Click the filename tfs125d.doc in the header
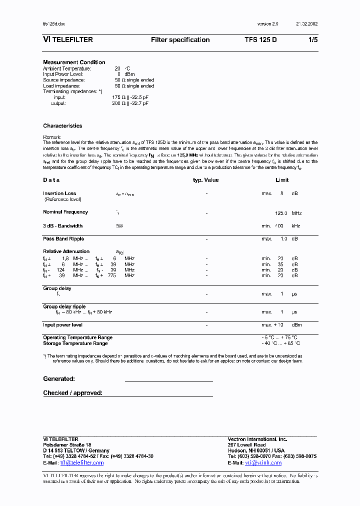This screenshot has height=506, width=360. coord(54,24)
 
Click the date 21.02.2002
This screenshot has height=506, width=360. coord(306,24)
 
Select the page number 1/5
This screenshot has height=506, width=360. coord(313,40)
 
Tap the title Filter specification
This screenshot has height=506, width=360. coord(180,40)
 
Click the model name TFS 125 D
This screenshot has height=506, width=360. coord(260,40)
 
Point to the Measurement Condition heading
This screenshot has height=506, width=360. coord(74,62)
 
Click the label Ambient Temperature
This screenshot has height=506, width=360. coord(67,68)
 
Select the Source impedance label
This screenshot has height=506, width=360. coord(64,80)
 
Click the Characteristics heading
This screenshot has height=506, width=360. coord(62,126)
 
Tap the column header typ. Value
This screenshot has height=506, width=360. coord(206,180)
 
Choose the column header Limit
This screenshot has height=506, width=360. coord(282,180)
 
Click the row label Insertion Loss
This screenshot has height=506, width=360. coord(59,193)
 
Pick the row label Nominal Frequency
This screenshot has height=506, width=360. coord(65,212)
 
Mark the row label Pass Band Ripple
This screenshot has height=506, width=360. coord(63,239)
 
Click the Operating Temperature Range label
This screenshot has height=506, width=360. coord(77,338)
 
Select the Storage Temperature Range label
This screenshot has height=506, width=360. coord(75,343)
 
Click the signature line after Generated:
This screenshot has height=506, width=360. coord(168,381)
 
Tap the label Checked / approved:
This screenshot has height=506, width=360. coord(72,393)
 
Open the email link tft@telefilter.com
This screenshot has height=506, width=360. coord(82,463)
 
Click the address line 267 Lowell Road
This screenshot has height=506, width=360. coord(246,445)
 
